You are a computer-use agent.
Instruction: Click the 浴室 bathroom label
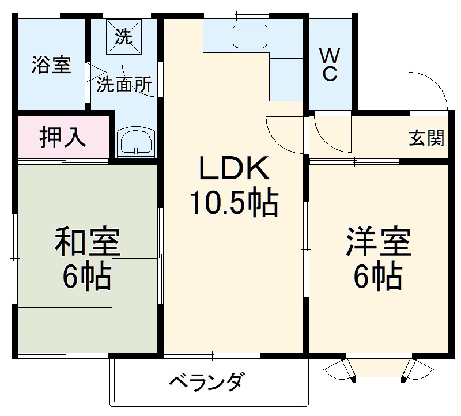tap(51, 65)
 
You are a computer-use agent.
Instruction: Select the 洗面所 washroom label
tap(124, 85)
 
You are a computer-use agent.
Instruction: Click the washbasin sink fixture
tap(136, 142)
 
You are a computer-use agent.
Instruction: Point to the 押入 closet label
tap(63, 138)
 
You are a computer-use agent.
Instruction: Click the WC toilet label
tap(329, 65)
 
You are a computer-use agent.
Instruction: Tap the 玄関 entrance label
tap(427, 138)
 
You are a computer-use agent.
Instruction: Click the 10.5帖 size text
tap(233, 202)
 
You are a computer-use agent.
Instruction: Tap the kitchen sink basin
tap(250, 36)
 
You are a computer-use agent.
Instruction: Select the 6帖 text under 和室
tap(88, 278)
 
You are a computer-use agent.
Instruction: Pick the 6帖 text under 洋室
tap(379, 278)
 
